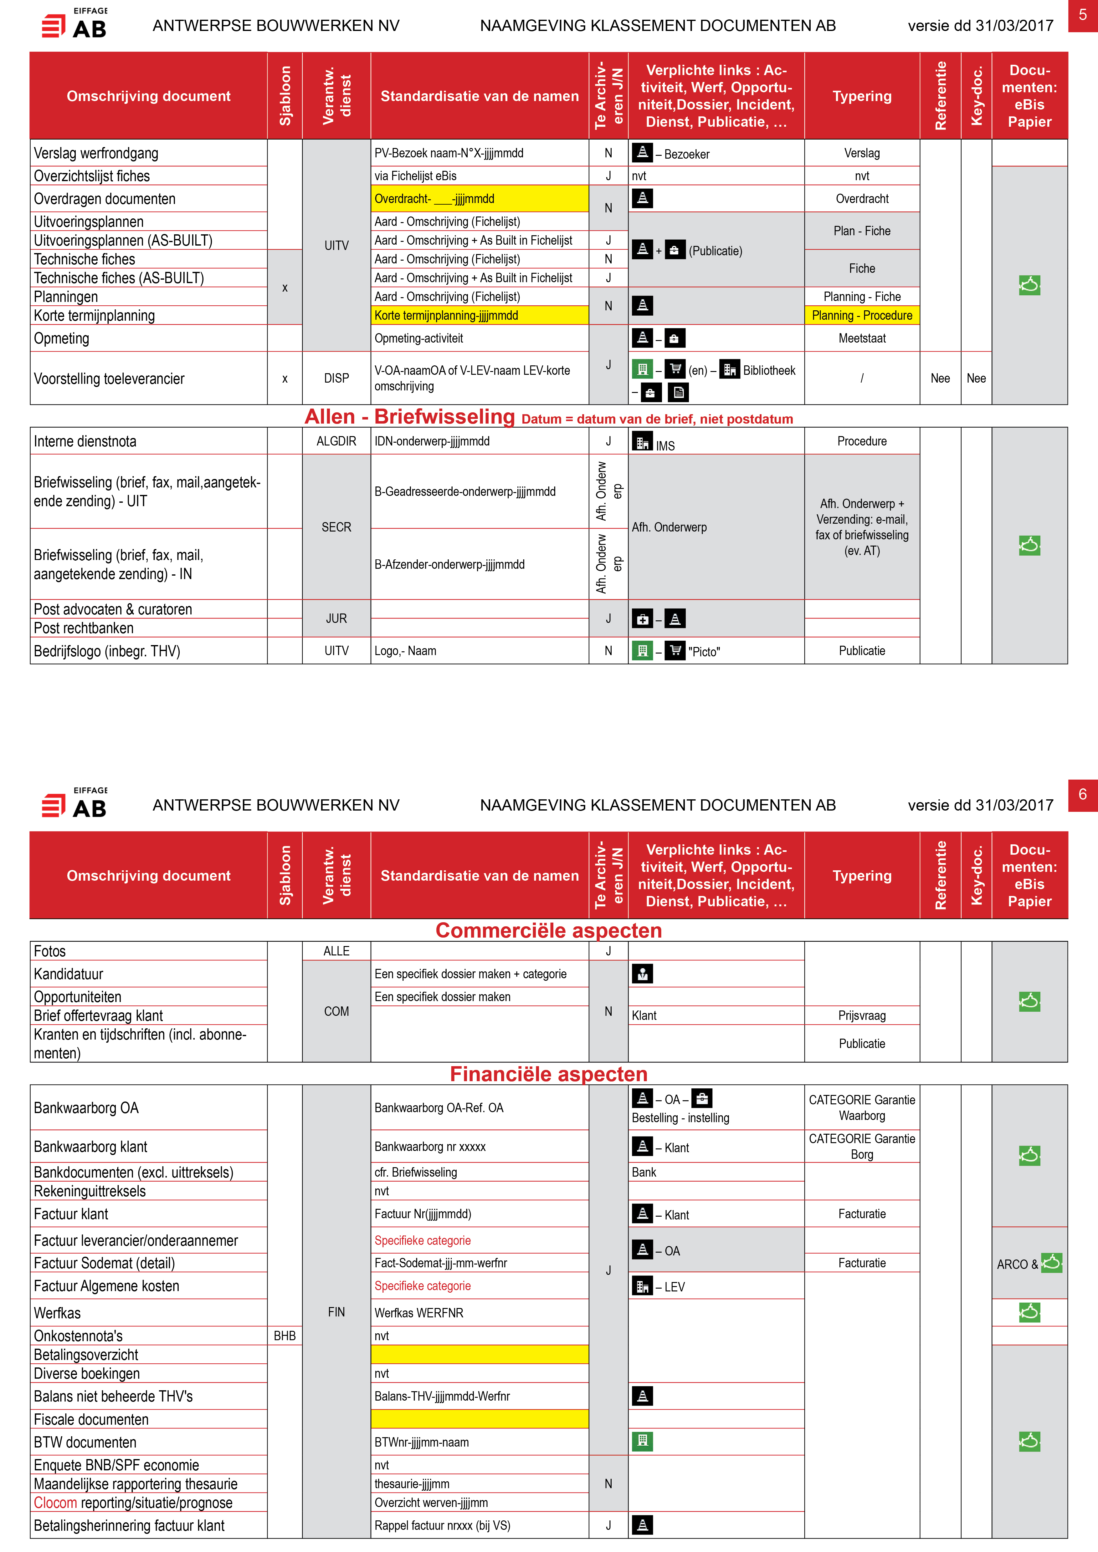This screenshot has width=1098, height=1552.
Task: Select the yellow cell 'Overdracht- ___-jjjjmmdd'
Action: click(x=480, y=199)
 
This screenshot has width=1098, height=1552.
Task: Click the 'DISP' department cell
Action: click(x=336, y=379)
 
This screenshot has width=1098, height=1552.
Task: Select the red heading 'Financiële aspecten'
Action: click(x=548, y=1074)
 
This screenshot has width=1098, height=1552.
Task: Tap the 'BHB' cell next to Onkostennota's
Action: click(x=285, y=1336)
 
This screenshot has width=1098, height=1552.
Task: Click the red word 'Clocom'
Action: click(x=55, y=1503)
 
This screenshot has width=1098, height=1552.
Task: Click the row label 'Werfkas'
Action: click(x=58, y=1313)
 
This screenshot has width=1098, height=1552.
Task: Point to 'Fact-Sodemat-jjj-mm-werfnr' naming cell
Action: click(x=441, y=1263)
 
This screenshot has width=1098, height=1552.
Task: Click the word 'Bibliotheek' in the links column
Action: click(x=769, y=370)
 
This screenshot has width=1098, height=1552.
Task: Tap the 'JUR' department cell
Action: click(x=336, y=618)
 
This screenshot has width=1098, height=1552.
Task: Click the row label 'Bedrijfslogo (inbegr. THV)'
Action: click(x=107, y=651)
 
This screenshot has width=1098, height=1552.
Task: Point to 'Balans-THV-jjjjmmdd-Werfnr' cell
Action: click(x=442, y=1396)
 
